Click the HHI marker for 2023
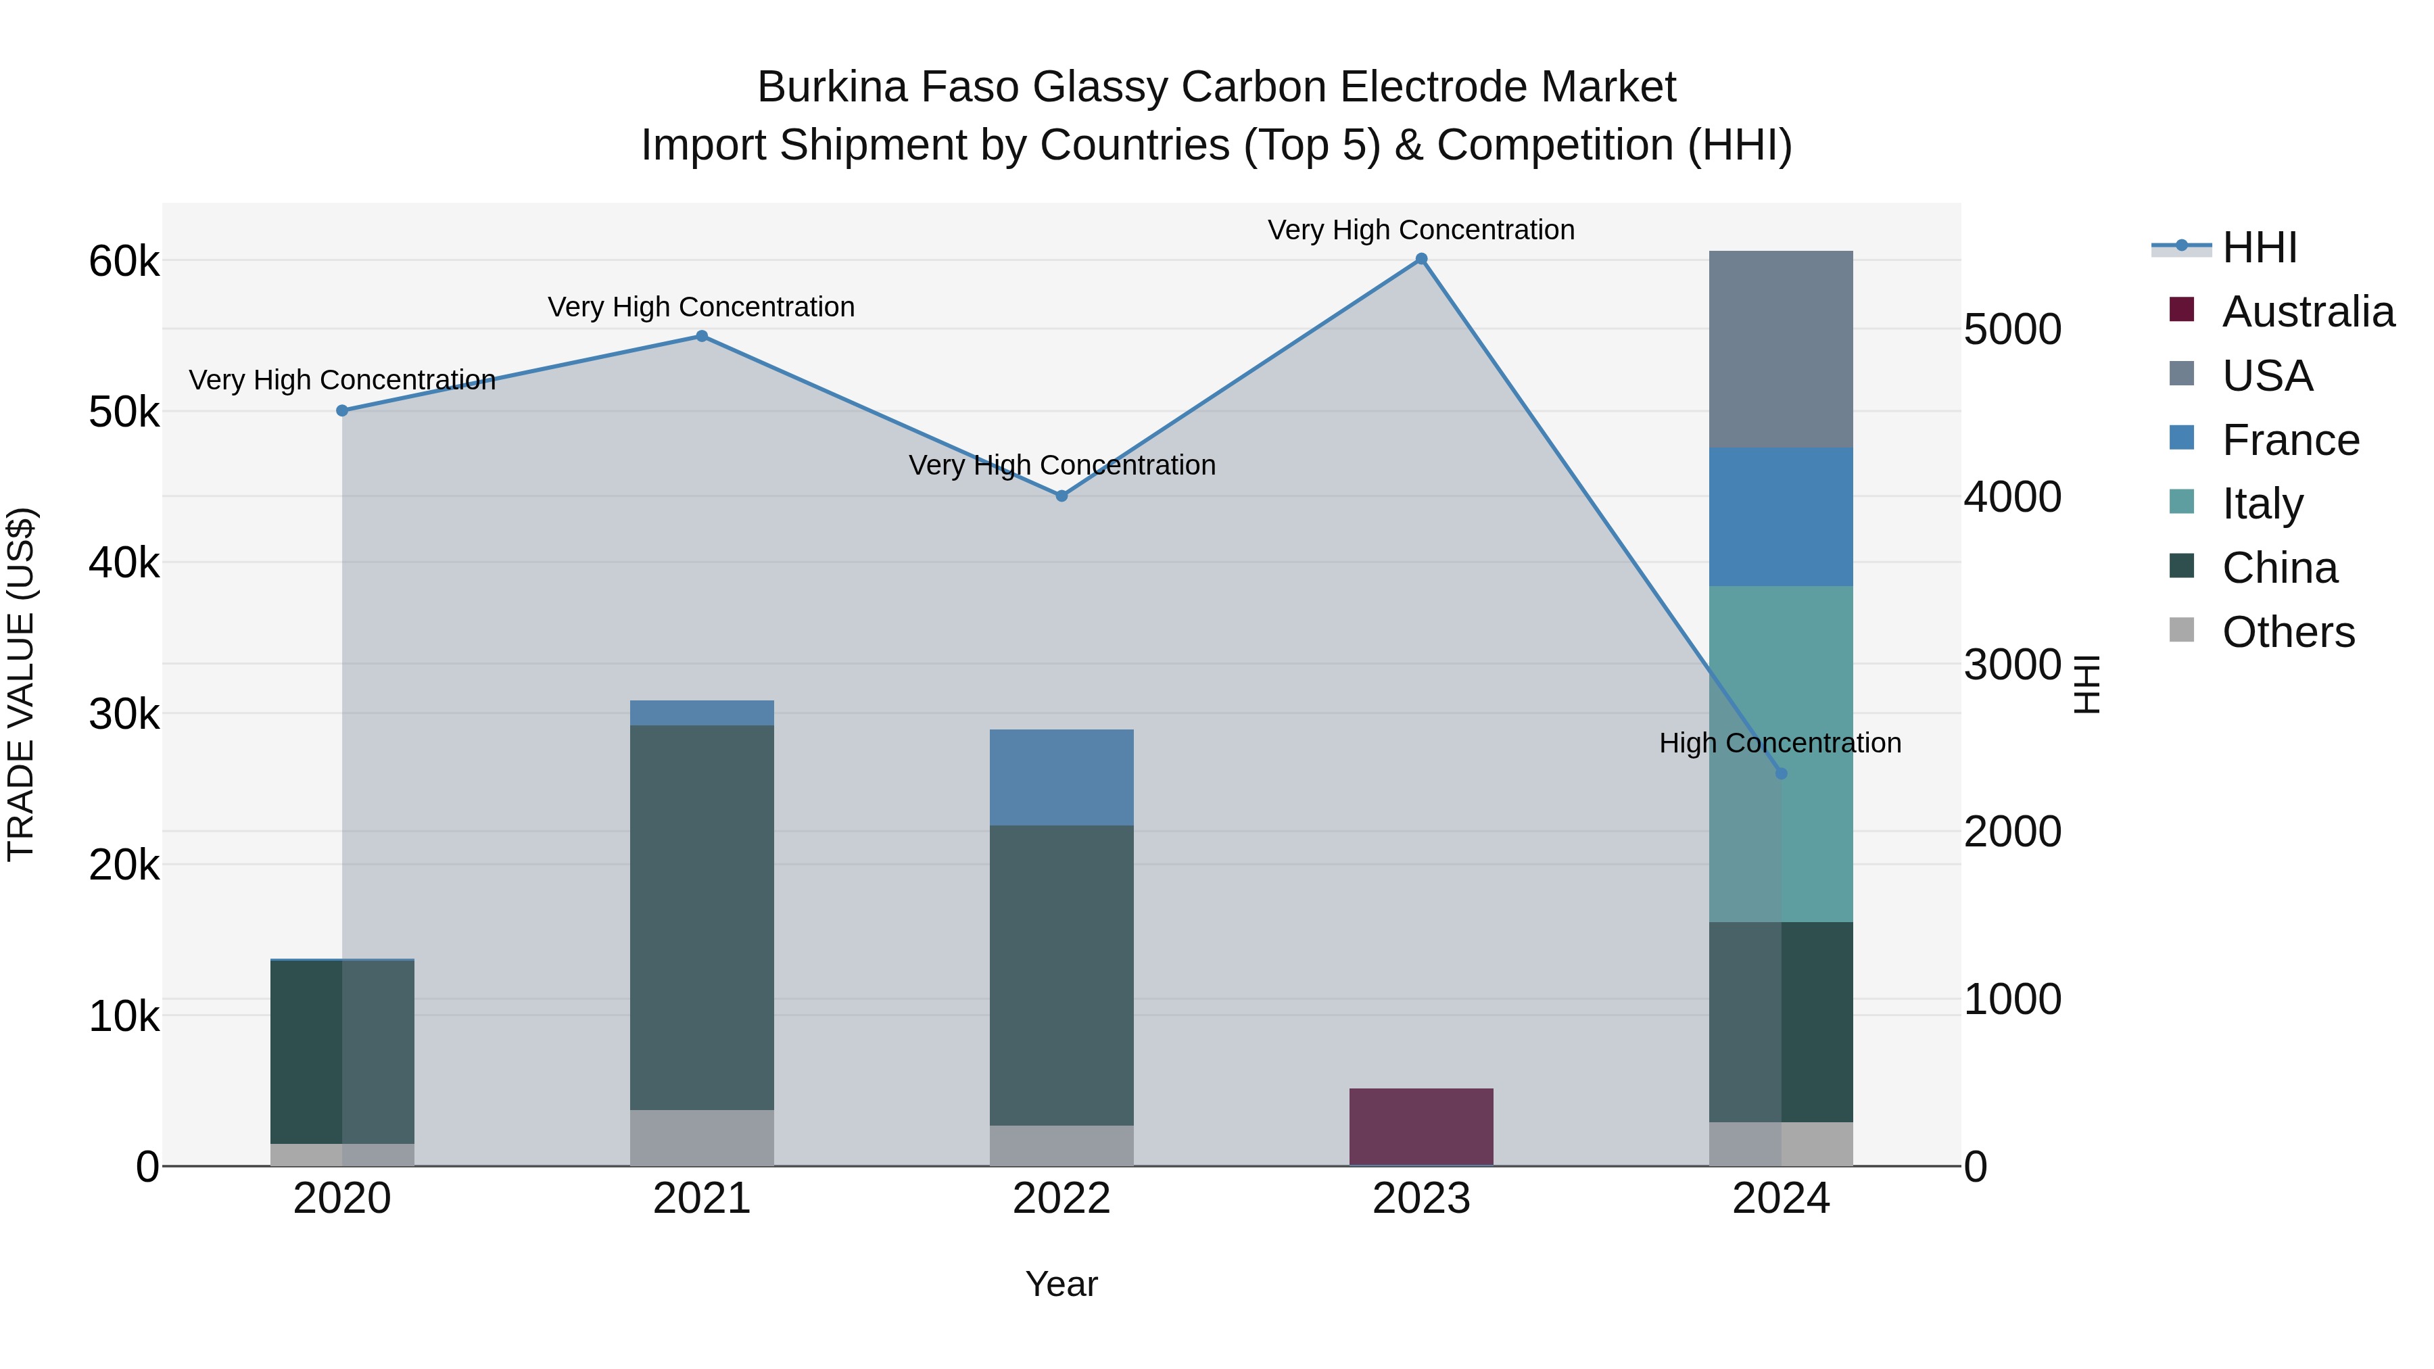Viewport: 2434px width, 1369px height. pyautogui.click(x=1421, y=259)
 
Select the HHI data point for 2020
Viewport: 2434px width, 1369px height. pyautogui.click(x=342, y=411)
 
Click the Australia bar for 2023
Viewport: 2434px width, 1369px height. pyautogui.click(x=1421, y=1126)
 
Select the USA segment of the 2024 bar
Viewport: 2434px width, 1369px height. pyautogui.click(x=1781, y=350)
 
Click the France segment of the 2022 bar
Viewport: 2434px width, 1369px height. pyautogui.click(x=1061, y=777)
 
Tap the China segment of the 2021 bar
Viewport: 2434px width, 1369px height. pyautogui.click(x=702, y=917)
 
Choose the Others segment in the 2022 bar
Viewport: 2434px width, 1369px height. pyautogui.click(x=1061, y=1145)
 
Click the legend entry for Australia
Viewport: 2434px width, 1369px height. pyautogui.click(x=2308, y=312)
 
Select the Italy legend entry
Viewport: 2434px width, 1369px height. pyautogui.click(x=2262, y=504)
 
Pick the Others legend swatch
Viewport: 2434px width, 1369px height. pyautogui.click(x=2182, y=630)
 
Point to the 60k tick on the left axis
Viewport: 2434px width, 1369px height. pyautogui.click(x=124, y=262)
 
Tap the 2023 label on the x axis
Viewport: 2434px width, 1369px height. pyautogui.click(x=1421, y=1199)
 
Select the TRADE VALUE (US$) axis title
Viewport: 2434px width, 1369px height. pyautogui.click(x=22, y=685)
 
